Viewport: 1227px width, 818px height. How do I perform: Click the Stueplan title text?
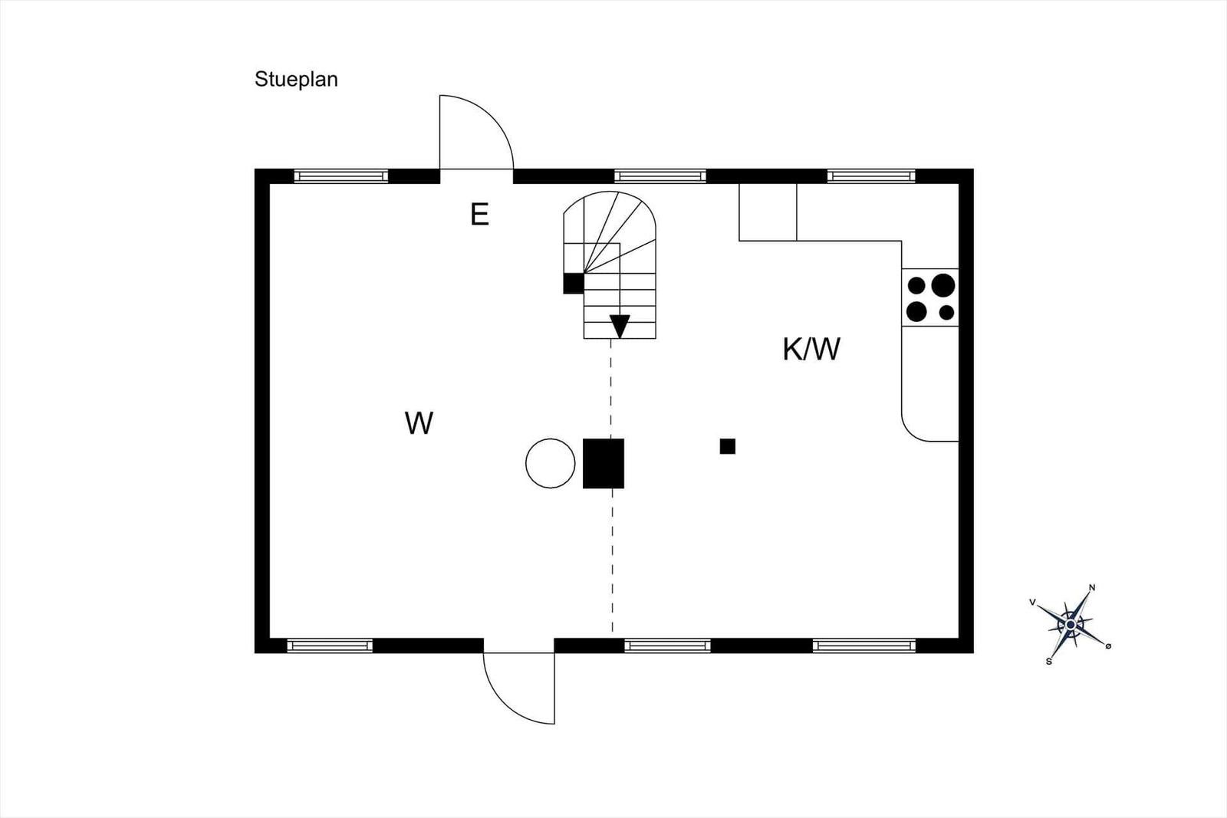point(296,80)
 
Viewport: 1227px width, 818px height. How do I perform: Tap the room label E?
point(479,215)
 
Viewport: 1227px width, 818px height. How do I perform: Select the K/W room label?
point(811,350)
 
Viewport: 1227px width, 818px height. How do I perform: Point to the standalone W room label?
point(419,423)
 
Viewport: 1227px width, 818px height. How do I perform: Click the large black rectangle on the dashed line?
point(603,463)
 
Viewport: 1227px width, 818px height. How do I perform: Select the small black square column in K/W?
point(728,446)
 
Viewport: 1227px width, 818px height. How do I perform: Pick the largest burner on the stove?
point(943,285)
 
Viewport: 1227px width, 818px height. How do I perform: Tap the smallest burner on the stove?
point(946,313)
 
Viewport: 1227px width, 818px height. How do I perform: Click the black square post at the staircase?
point(574,284)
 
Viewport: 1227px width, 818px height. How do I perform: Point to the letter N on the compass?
point(1092,588)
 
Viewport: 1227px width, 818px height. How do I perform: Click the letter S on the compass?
point(1049,662)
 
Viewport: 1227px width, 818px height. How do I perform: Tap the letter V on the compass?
point(1032,603)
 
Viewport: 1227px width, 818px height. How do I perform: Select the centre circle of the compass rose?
point(1071,624)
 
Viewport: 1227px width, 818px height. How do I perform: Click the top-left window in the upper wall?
point(340,176)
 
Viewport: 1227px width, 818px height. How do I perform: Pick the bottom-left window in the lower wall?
point(330,646)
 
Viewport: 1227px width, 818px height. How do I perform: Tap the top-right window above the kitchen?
point(871,176)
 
